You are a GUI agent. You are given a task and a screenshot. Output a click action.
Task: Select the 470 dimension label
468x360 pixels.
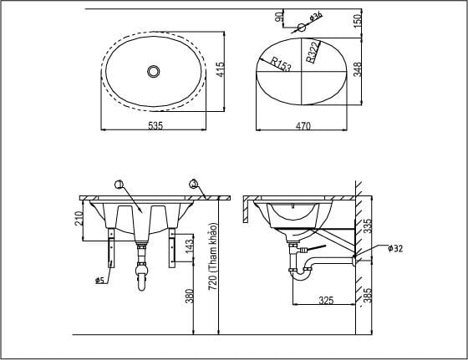(x=303, y=126)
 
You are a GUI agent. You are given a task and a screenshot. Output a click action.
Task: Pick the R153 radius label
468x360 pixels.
(x=282, y=64)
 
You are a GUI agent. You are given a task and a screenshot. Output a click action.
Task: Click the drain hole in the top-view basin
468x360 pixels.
(x=153, y=72)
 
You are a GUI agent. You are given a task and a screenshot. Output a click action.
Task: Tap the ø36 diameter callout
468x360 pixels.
(x=317, y=16)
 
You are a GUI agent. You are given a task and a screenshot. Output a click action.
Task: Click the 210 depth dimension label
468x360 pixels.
(x=79, y=220)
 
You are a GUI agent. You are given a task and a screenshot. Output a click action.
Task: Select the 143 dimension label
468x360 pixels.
(x=190, y=246)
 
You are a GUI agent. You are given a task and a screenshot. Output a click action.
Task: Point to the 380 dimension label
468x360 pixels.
(x=190, y=296)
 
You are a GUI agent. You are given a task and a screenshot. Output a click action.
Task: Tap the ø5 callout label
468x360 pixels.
(x=99, y=281)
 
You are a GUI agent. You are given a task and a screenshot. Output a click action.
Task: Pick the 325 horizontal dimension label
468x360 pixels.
(x=327, y=299)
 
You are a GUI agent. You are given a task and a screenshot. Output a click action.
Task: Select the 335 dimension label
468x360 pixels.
(x=367, y=226)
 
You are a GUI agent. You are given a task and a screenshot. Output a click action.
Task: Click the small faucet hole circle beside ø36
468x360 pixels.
(x=301, y=27)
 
